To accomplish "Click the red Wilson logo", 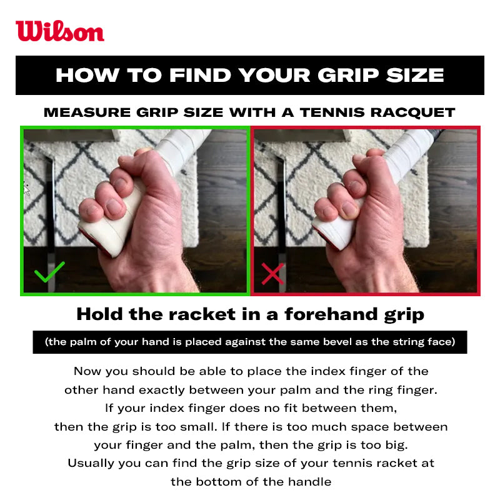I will (x=60, y=31).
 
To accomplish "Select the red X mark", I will (x=272, y=273).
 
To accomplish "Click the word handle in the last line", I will (x=310, y=482).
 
